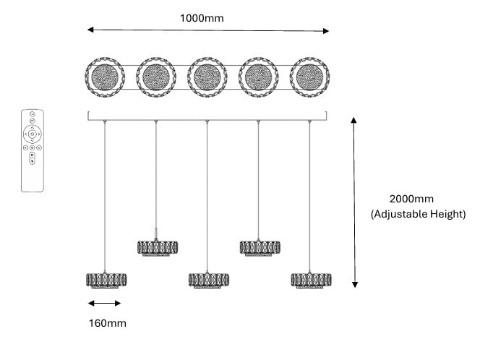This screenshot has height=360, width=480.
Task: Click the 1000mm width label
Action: pos(202,18)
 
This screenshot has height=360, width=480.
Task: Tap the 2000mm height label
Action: pos(411,199)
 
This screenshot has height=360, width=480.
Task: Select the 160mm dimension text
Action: pos(108,323)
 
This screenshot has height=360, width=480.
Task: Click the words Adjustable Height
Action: pos(419,214)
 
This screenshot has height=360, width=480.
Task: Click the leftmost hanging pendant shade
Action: pos(106,280)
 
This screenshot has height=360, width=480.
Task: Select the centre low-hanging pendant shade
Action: pos(208,280)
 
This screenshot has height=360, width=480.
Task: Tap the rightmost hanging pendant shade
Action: pos(311,280)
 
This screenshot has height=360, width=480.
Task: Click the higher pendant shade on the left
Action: pos(158,248)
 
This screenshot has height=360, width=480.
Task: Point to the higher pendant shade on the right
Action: pos(260,248)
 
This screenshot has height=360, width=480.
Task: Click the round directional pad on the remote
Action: pos(32,134)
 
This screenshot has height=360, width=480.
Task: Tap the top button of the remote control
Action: pos(32,114)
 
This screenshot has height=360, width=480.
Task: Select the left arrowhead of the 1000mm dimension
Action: pos(90,30)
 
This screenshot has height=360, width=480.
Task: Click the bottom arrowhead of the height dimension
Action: pos(355,285)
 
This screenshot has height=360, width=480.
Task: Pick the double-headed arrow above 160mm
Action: pos(104,304)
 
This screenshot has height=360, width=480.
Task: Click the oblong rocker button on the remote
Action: pos(32,158)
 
